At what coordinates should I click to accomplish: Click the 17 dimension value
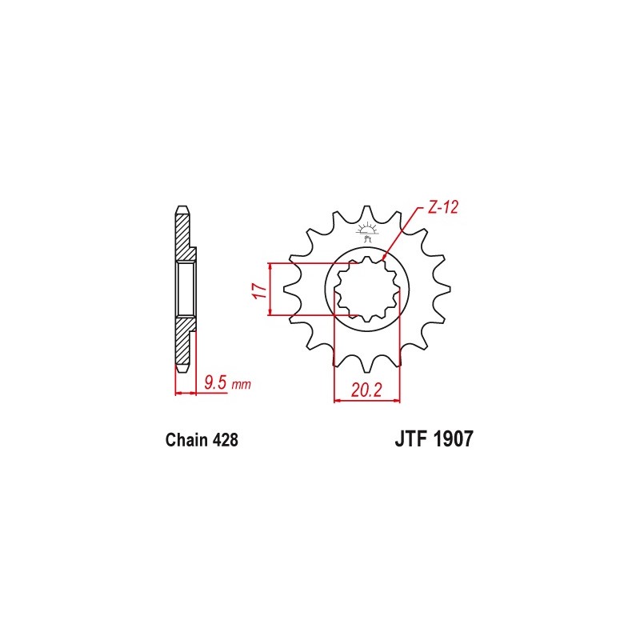coord(258,290)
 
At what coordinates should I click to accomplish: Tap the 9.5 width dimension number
coord(214,384)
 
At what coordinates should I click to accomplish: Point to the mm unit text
coord(241,386)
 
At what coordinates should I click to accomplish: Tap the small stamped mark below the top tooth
coord(369,234)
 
